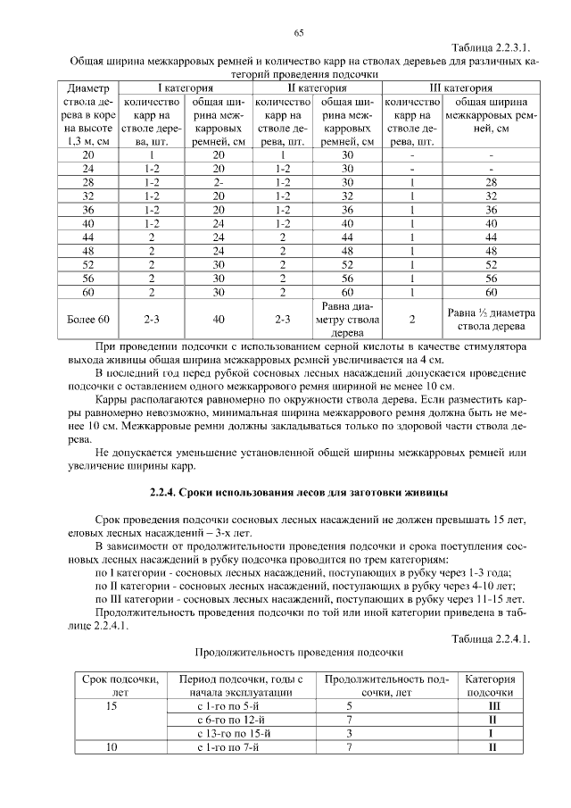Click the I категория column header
point(186,89)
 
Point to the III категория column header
point(461,89)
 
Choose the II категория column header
point(317,89)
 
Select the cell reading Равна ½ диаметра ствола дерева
point(491,319)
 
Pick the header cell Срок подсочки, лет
point(114,686)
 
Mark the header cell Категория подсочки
point(491,686)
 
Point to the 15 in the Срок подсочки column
point(112,705)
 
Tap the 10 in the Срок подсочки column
point(112,747)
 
